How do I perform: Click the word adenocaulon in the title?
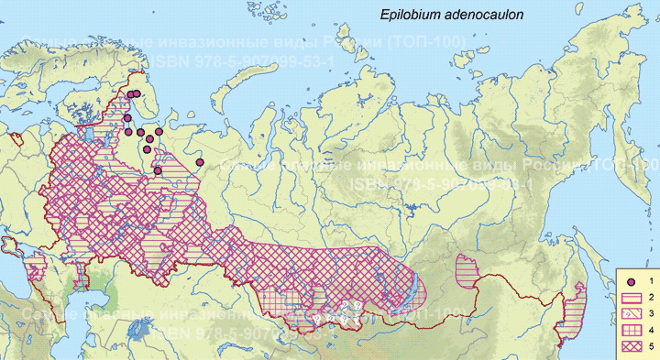coord(479,15)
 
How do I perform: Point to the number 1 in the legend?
coord(650,281)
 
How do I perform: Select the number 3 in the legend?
coord(650,313)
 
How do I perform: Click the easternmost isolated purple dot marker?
coord(200,162)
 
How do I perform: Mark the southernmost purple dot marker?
coord(158,170)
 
